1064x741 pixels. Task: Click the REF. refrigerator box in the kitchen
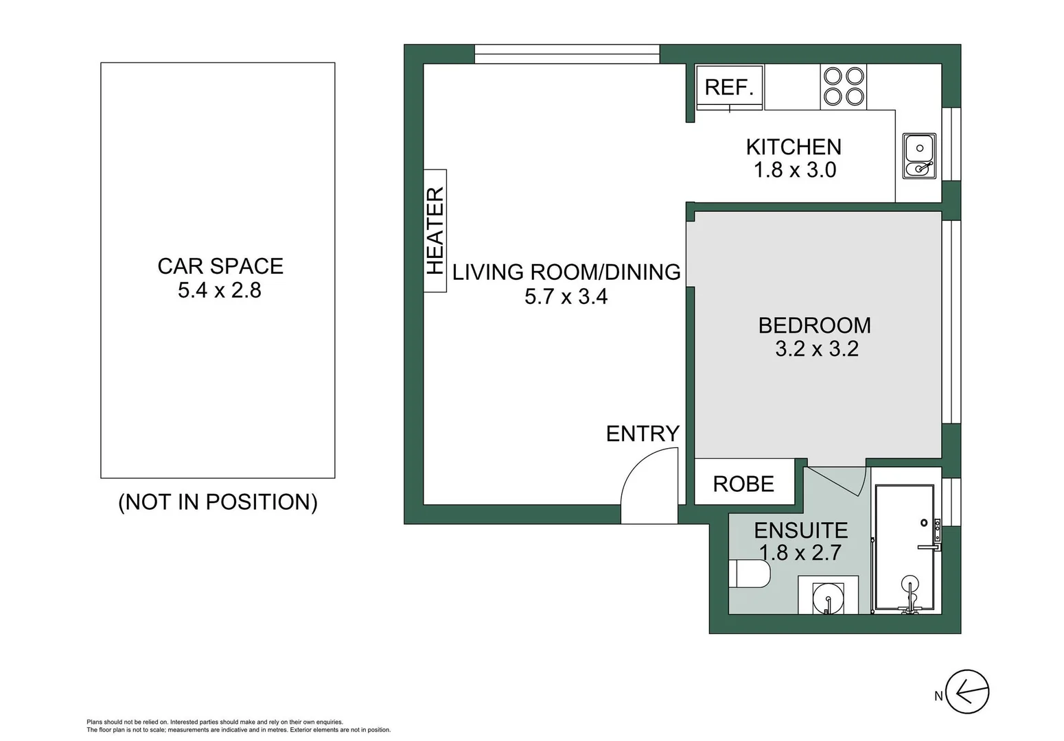(x=729, y=87)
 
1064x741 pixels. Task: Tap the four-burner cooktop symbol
(x=844, y=86)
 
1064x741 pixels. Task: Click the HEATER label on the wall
(x=435, y=231)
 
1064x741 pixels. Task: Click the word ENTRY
(x=643, y=434)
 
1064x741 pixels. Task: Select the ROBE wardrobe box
(x=744, y=484)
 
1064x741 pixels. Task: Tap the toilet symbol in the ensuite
(x=748, y=574)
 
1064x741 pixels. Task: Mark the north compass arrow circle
(x=967, y=691)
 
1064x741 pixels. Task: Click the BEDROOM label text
(x=814, y=325)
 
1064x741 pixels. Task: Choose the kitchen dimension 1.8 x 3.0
(x=794, y=170)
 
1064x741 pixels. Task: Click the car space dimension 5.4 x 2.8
(x=220, y=290)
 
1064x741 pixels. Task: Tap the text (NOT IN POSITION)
(x=218, y=502)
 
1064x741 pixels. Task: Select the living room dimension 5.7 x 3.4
(x=566, y=297)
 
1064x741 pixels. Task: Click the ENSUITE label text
(x=800, y=530)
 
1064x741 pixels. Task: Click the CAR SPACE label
(x=220, y=266)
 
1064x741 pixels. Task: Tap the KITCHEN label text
(x=794, y=147)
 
